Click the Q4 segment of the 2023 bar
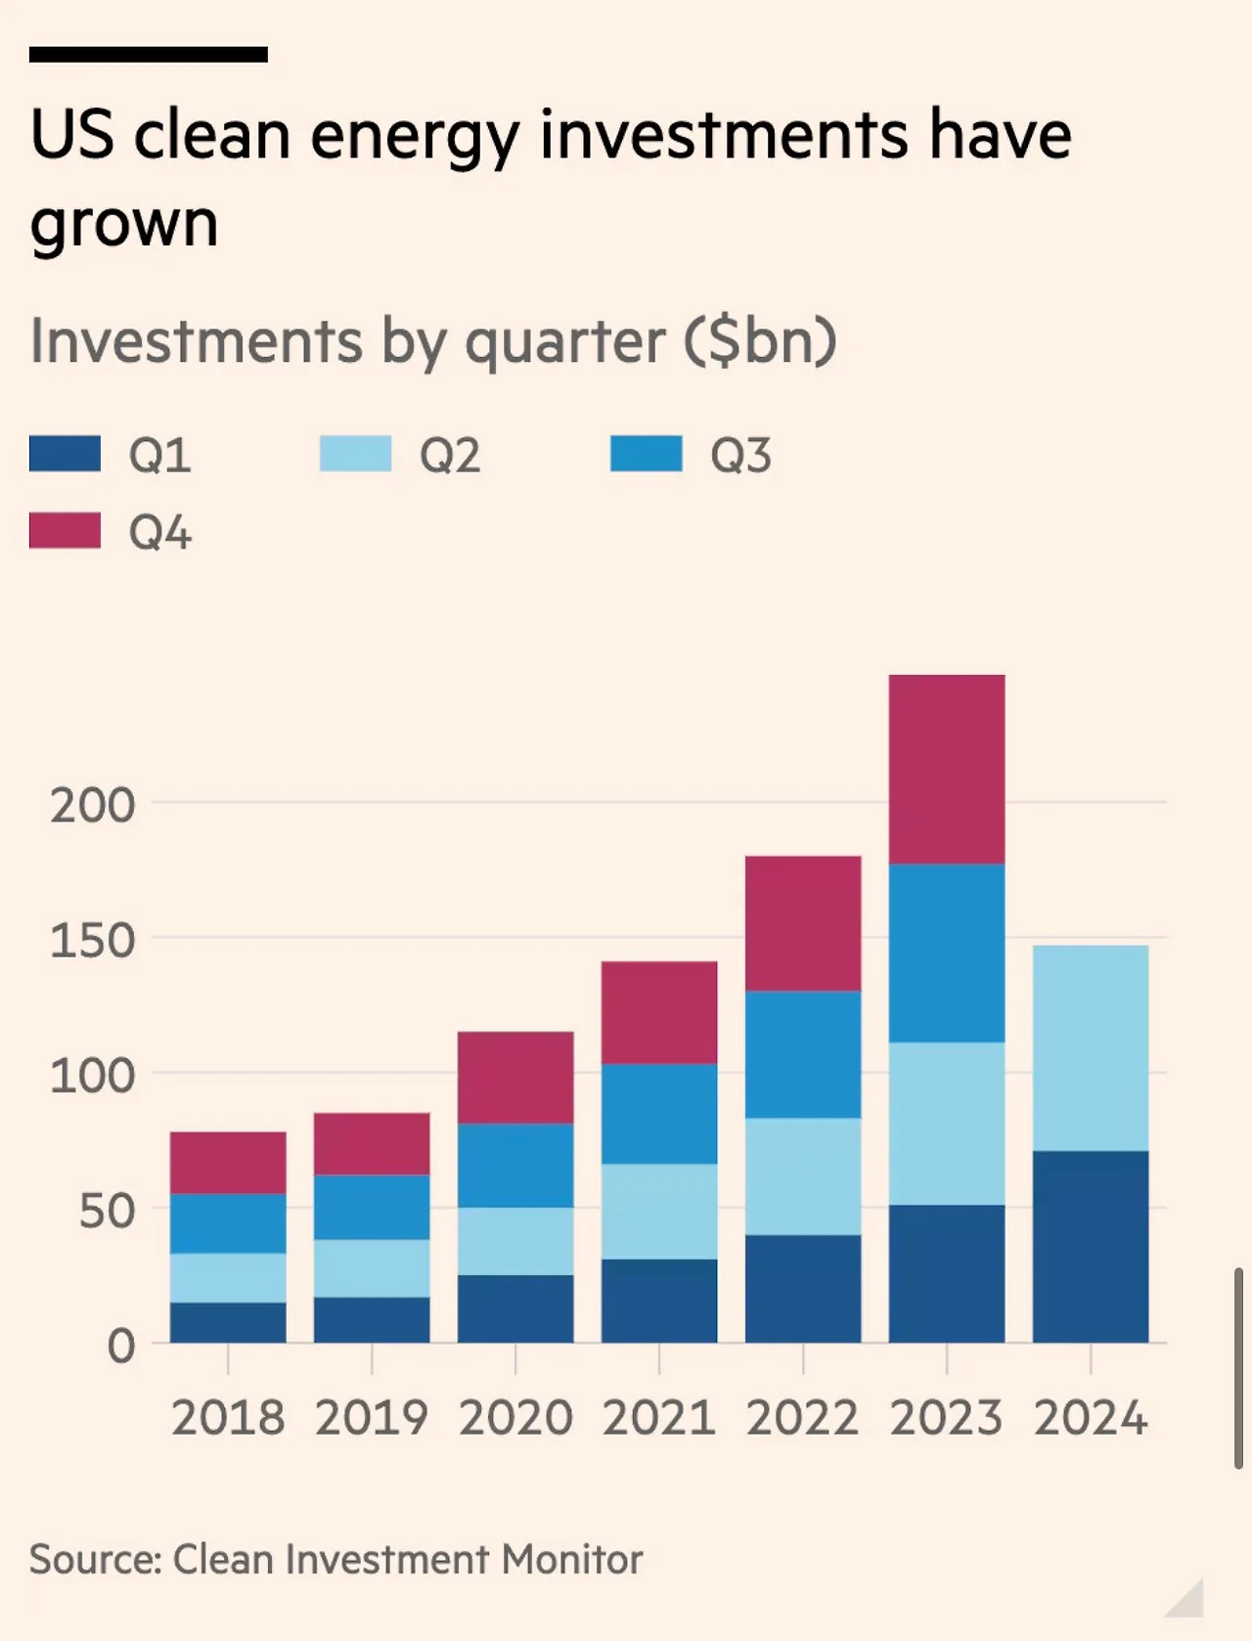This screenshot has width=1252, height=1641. coord(946,770)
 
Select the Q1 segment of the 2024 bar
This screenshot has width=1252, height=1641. coord(1090,1247)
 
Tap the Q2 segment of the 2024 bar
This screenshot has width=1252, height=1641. coord(1090,1048)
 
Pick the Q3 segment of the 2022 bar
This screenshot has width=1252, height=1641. coord(802,1055)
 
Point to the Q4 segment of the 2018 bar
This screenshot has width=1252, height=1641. coord(228,1163)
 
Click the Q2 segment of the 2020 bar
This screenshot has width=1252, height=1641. coord(515,1241)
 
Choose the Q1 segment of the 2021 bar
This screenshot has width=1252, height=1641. coord(659,1301)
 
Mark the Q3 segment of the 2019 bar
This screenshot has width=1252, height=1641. coord(372,1208)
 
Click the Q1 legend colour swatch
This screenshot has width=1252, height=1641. coord(65,455)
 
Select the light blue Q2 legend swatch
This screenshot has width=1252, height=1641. coord(355,455)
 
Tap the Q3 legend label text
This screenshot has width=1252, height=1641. coord(740,456)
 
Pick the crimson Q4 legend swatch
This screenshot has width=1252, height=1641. coord(65,531)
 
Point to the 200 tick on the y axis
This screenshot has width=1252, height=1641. coord(93,806)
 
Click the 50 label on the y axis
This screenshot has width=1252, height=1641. coord(107,1212)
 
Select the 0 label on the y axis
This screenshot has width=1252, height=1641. coord(121,1347)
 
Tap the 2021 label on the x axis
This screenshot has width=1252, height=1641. coord(659,1418)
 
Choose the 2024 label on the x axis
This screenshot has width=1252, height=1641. coord(1090,1418)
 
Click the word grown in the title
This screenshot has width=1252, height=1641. coord(124,225)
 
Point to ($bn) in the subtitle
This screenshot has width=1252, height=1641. coord(760,341)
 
